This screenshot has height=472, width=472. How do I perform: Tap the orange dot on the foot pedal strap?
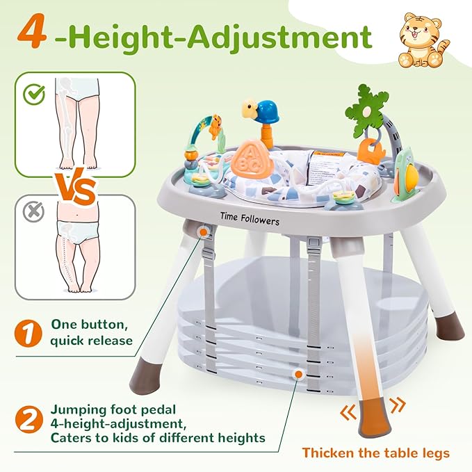299,374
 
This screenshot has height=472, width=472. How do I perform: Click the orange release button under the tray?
202,230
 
